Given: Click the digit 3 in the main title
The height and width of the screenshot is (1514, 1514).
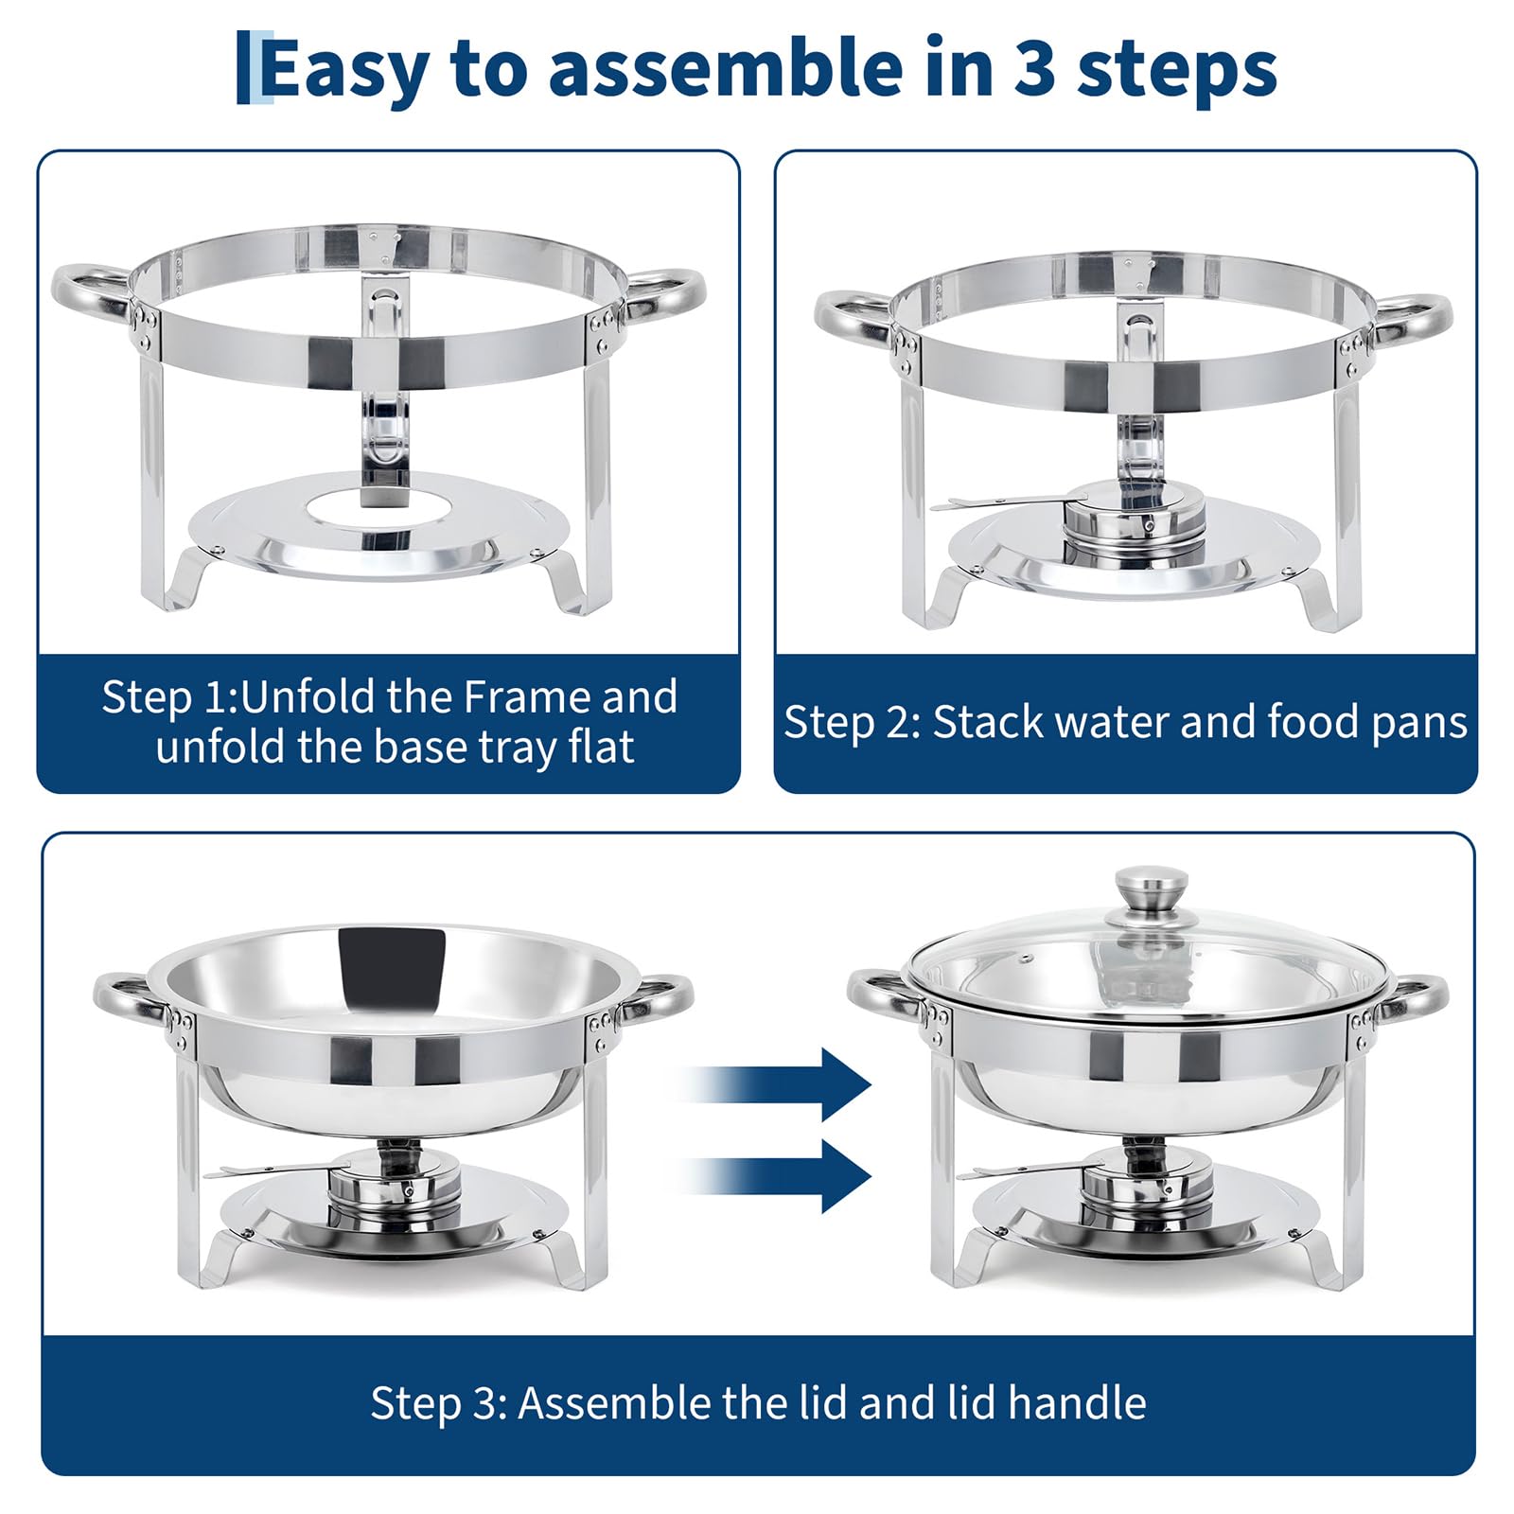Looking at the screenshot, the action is pos(1034,68).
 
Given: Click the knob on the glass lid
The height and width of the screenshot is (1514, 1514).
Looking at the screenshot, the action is pos(1151,889).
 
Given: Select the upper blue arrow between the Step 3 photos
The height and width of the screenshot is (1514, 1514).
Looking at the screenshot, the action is pos(776,1084).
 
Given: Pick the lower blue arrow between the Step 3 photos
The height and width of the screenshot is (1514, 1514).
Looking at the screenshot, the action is pos(776,1176).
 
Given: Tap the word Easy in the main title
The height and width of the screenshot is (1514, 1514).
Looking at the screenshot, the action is pos(344,69).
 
